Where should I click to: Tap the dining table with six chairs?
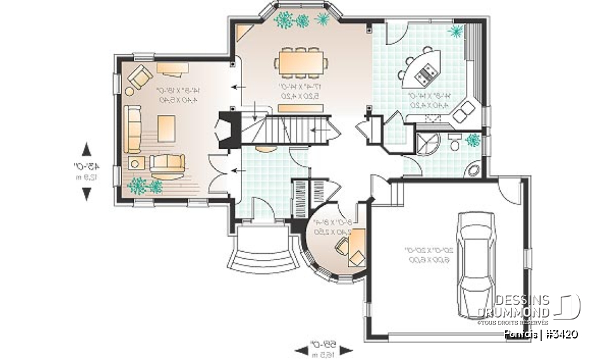coord(302,63)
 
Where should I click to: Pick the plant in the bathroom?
coord(472,140)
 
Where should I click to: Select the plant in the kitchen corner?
coord(455,31)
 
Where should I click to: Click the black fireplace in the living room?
coord(226,130)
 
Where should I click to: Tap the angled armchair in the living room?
coord(139,78)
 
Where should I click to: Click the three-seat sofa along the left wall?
coord(133,129)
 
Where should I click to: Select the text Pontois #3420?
coord(541,335)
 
